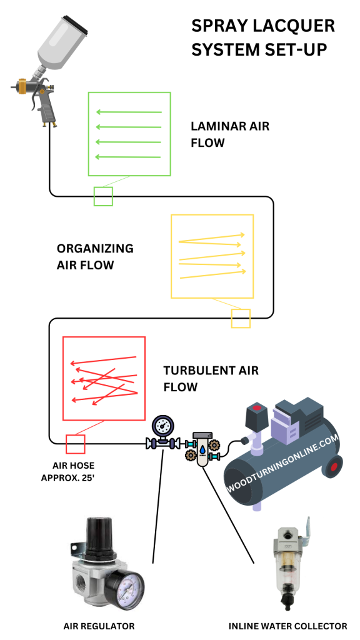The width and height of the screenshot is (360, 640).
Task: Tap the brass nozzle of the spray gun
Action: (x=22, y=86)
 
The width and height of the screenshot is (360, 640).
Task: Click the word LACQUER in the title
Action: (x=292, y=26)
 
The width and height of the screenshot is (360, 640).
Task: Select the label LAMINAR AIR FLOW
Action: (x=230, y=134)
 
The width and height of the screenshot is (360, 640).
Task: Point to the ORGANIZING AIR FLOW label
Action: (x=95, y=257)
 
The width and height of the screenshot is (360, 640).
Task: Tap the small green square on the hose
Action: (x=103, y=196)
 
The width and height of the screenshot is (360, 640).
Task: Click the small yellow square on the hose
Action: (x=241, y=318)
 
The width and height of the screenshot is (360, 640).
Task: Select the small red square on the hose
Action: (x=76, y=444)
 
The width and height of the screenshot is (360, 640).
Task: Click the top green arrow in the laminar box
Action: (x=129, y=112)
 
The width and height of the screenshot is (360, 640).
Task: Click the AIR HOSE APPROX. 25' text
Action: (x=67, y=471)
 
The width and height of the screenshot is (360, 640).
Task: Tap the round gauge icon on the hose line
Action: (x=163, y=427)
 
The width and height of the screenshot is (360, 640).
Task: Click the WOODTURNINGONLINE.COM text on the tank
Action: (x=282, y=464)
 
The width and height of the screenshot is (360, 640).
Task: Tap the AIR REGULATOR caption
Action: (x=99, y=626)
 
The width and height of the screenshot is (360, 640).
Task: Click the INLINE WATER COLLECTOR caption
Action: (x=287, y=626)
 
